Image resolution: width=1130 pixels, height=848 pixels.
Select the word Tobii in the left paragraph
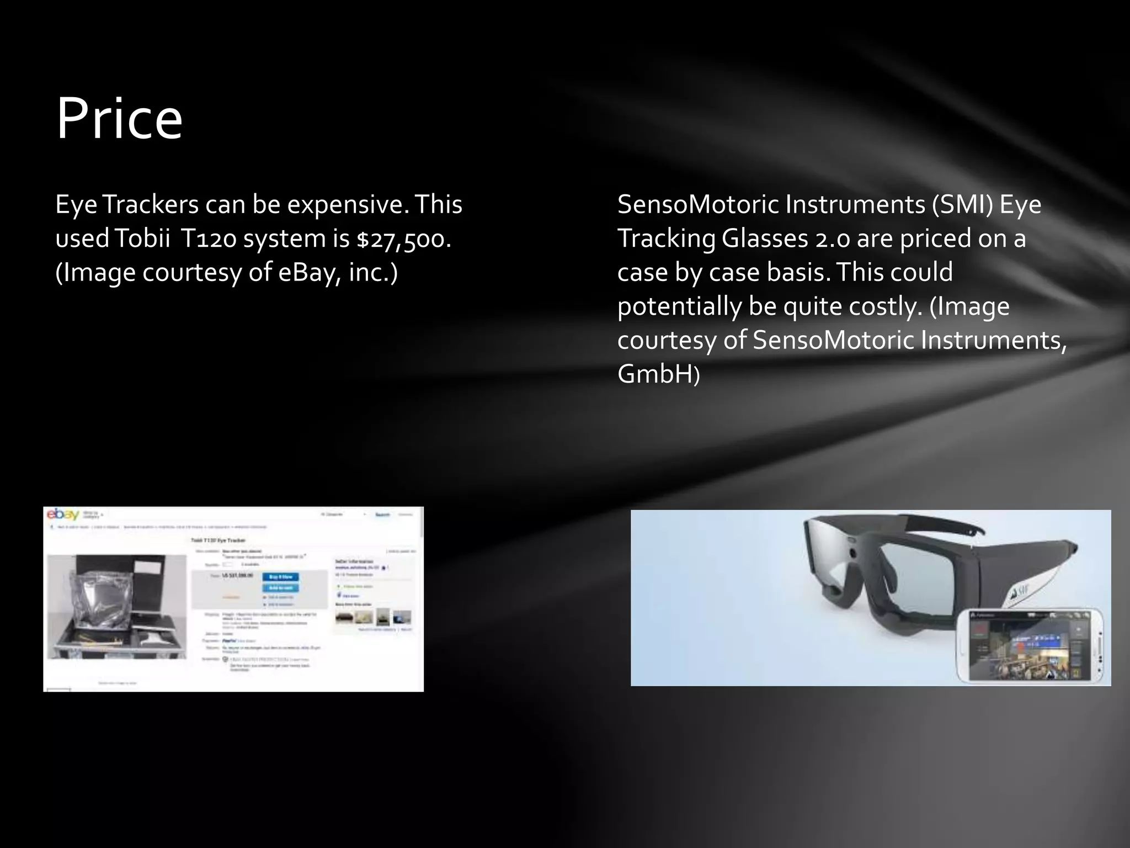[143, 239]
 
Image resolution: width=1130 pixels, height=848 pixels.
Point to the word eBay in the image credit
[307, 273]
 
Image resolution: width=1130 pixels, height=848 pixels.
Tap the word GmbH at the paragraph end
[655, 374]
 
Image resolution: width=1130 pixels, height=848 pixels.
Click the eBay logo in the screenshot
[62, 515]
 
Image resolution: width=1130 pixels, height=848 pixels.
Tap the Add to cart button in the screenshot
[281, 587]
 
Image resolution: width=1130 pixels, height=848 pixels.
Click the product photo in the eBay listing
[116, 606]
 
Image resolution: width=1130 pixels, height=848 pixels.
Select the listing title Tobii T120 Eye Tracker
[218, 540]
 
